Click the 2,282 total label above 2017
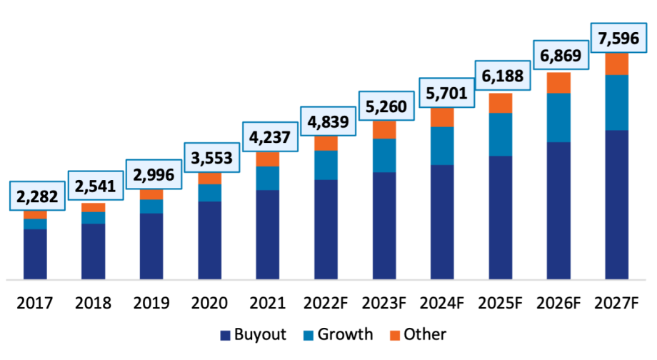coord(39,195)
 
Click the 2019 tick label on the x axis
coord(151,304)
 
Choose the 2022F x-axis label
coord(326,304)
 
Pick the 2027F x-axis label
coord(617,304)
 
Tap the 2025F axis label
coord(501,304)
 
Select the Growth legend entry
coord(338,334)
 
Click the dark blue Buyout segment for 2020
coord(209,239)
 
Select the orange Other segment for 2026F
coord(558,82)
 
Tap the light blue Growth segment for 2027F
coord(616,102)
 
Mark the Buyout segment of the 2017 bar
coord(35,254)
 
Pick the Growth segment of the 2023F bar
coord(384,155)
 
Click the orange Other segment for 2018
coord(93,207)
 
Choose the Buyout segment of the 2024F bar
coord(442,221)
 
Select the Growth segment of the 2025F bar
coord(501,134)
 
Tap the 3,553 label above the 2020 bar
coord(212,158)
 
